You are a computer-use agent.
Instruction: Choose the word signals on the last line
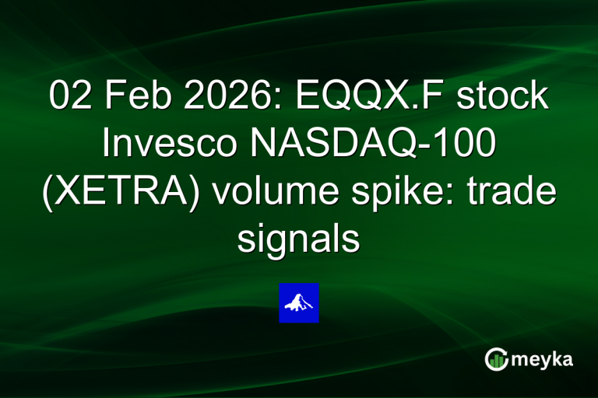[299, 239]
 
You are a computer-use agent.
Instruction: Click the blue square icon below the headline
[299, 302]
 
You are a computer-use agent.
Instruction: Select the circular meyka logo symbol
[496, 359]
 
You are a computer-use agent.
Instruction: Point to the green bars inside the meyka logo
[496, 361]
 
